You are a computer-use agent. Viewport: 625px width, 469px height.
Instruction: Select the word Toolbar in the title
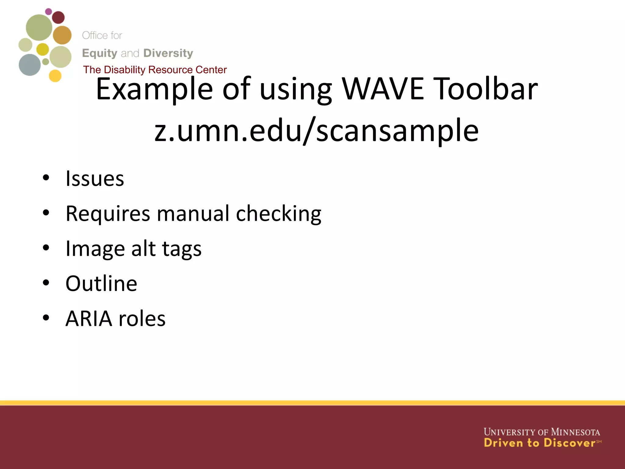485,89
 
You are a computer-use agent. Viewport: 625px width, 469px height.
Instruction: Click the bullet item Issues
95,179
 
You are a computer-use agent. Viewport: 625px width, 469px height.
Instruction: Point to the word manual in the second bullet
193,213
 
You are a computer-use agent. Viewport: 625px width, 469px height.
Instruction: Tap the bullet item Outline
101,284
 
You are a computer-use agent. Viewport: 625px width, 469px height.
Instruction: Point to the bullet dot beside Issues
46,178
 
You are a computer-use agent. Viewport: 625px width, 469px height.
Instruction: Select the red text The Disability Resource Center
155,70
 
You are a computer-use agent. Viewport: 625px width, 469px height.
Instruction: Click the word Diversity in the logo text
168,53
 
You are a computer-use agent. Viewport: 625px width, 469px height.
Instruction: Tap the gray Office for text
102,35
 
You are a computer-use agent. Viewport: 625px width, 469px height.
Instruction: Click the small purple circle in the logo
49,12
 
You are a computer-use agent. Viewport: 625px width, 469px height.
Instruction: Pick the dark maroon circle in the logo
58,17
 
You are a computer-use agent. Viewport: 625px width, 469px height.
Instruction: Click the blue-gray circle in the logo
30,65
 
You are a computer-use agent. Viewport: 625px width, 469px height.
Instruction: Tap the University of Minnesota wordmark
542,432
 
